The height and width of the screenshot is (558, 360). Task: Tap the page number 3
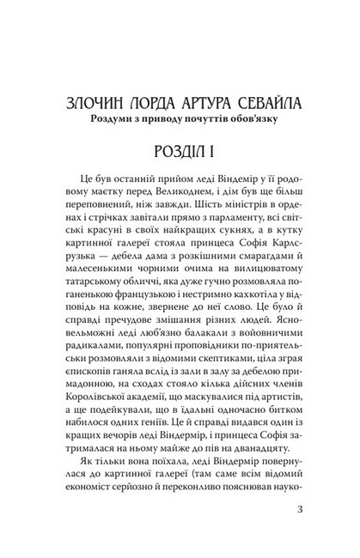(296, 518)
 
